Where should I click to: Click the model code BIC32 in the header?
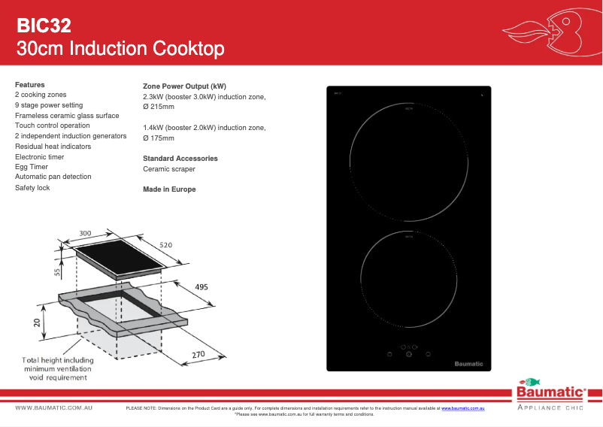(44, 26)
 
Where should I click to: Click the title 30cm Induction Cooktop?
(120, 50)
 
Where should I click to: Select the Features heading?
(30, 85)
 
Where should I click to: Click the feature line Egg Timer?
(32, 167)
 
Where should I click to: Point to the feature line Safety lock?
(32, 187)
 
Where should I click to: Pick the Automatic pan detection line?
(53, 177)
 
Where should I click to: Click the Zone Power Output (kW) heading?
(184, 86)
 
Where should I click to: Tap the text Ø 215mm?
(159, 108)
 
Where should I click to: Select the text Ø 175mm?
(159, 138)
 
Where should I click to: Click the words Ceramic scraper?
(169, 169)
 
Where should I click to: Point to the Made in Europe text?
(169, 189)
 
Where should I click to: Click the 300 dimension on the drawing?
(86, 233)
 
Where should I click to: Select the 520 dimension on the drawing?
(166, 246)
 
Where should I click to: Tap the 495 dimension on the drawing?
(202, 287)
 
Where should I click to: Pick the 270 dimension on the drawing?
(198, 354)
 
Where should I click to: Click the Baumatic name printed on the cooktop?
(468, 364)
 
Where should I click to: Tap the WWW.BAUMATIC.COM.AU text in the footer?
(54, 407)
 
